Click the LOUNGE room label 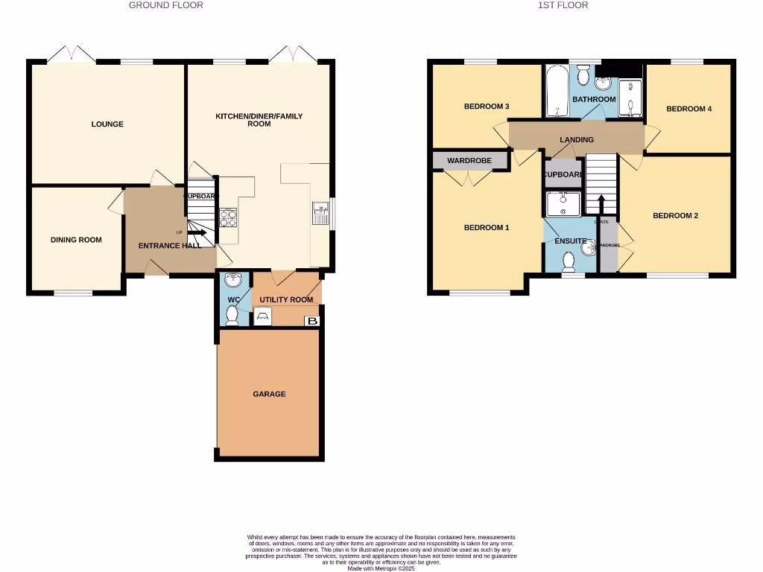[107, 124]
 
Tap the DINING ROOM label [76, 240]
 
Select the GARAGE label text [269, 394]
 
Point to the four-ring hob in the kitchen [227, 217]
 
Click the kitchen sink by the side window [320, 212]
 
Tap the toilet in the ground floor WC [232, 316]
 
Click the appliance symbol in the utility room [262, 317]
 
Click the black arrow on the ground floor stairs [197, 233]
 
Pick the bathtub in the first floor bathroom [555, 93]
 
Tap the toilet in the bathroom [584, 74]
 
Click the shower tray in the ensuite [563, 203]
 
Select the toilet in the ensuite [571, 261]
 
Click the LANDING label [577, 139]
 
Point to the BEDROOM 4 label [688, 109]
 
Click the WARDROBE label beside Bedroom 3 [469, 160]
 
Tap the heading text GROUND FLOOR [166, 5]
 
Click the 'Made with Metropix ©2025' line [381, 568]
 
